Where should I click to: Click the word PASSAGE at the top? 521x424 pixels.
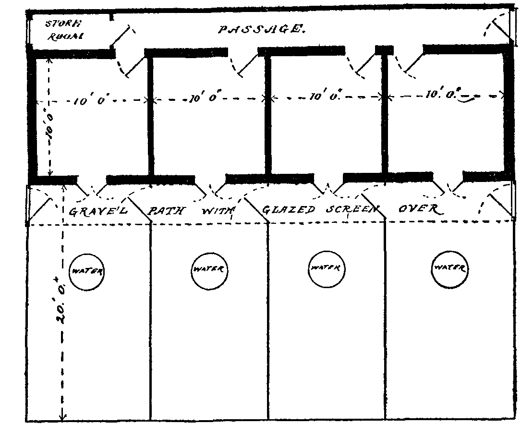261,29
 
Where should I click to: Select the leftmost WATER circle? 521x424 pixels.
87,271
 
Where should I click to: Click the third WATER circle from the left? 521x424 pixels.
325,268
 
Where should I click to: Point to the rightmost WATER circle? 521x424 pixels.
448,267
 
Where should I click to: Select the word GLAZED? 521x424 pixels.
289,210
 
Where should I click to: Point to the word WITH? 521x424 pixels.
218,210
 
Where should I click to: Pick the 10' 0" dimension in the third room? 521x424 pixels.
323,97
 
